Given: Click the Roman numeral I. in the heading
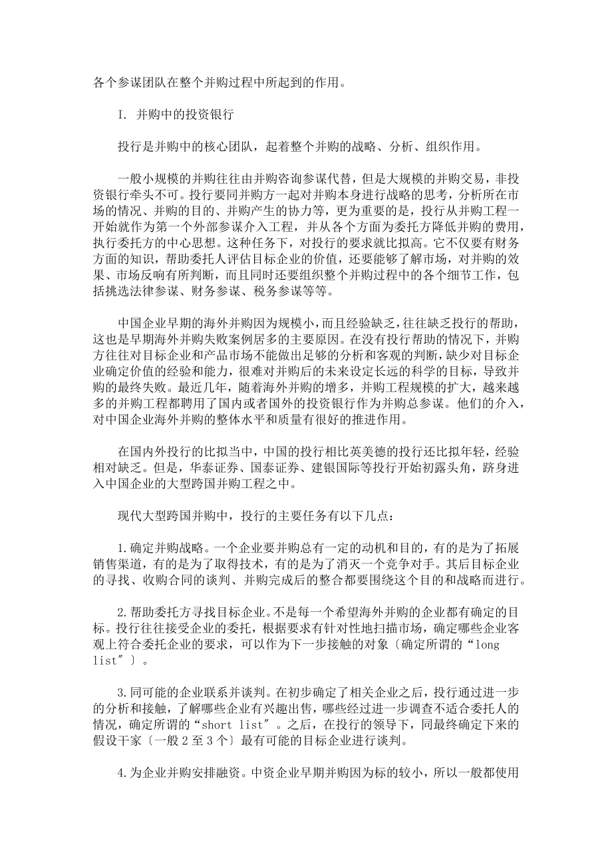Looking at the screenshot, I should (x=122, y=114).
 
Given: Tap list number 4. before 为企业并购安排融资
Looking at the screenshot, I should (x=122, y=775).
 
